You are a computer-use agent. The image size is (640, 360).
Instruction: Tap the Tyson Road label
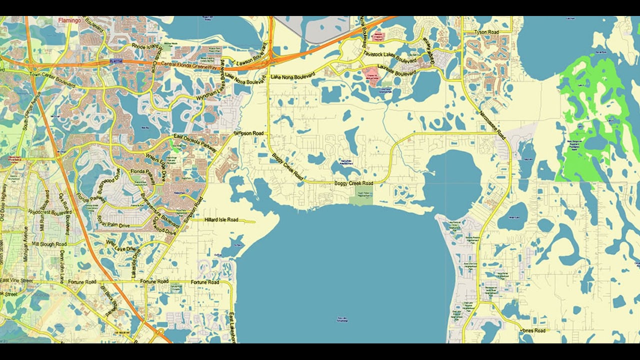pos(487,32)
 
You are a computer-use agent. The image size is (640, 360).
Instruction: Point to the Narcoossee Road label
pos(492,125)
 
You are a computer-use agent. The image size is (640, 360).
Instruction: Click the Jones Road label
pos(533,330)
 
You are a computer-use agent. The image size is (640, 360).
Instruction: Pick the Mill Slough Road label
pos(49,244)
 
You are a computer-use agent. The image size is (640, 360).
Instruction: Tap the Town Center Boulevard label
pos(52,80)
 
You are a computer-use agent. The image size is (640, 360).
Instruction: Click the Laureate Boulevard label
pos(392,68)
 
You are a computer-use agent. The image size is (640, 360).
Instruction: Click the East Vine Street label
pos(16,281)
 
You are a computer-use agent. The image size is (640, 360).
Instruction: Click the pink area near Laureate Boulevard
pos(371,75)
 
